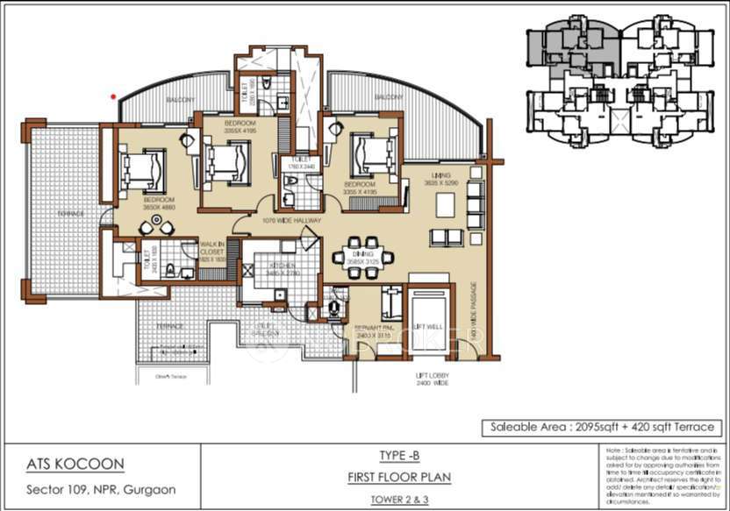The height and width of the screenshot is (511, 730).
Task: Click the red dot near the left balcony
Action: (x=112, y=96)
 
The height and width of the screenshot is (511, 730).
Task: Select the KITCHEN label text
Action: (x=269, y=266)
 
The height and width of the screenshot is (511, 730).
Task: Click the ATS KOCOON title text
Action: (x=75, y=464)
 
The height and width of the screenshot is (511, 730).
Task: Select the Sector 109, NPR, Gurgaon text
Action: (x=101, y=488)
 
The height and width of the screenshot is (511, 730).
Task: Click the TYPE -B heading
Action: (x=399, y=457)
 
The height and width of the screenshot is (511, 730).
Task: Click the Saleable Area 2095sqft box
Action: (x=601, y=428)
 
